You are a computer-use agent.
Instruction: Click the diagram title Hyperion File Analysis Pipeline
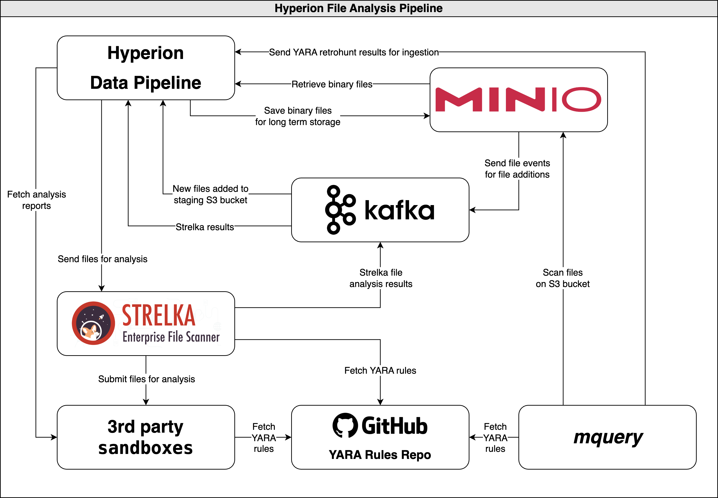point(358,8)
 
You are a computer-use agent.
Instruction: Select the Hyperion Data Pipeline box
point(146,68)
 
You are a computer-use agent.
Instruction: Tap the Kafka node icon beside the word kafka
point(340,210)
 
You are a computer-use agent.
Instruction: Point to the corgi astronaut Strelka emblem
point(93,323)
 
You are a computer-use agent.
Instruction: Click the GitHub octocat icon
point(345,425)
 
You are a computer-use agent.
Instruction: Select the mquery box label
point(608,437)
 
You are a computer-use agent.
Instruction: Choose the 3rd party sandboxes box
point(146,437)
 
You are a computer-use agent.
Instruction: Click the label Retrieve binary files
point(332,84)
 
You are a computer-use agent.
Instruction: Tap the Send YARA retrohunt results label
point(354,52)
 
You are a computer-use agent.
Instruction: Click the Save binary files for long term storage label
point(298,116)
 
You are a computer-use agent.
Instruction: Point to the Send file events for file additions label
point(517,169)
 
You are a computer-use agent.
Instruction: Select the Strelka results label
point(205,227)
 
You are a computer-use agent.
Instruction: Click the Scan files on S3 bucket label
point(563,278)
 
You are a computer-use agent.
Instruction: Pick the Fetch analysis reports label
point(36,200)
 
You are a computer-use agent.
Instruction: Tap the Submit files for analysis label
point(146,379)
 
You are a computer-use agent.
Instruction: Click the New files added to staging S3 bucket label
point(210,194)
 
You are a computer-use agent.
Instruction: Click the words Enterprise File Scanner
point(171,337)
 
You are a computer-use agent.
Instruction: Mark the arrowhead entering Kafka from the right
point(472,210)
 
